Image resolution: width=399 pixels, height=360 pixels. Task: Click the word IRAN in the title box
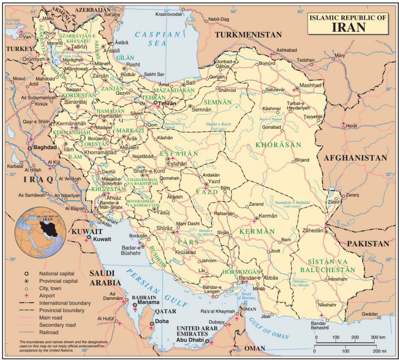pos(349,27)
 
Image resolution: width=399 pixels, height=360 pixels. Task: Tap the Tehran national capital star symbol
pos(156,103)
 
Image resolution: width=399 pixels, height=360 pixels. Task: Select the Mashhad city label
pos(311,85)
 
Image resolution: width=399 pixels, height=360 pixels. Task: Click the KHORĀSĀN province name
pos(278,145)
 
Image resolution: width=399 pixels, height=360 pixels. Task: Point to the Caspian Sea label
pos(157,38)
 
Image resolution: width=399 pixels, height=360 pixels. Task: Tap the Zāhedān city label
pos(312,230)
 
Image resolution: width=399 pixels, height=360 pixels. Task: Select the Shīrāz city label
pos(164,228)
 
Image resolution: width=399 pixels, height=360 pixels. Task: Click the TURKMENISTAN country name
pos(248,35)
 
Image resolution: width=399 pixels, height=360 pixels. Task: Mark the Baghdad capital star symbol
pos(29,148)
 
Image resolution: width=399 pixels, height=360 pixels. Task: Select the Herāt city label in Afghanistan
pos(351,126)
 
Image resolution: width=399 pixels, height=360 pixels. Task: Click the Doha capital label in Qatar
pos(162,321)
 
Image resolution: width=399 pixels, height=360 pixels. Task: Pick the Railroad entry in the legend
pos(49,332)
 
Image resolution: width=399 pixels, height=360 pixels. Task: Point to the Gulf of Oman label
pos(269,328)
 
